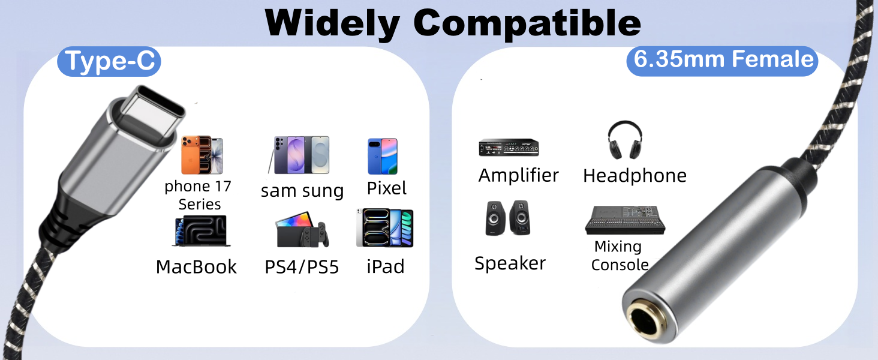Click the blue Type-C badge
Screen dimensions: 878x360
click(109, 61)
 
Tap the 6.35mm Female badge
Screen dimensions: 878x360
click(722, 61)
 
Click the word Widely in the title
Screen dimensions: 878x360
click(332, 23)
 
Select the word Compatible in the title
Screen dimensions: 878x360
click(527, 23)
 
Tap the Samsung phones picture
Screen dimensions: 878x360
click(299, 155)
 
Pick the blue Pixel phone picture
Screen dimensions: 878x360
click(383, 156)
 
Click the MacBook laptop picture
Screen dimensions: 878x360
click(201, 232)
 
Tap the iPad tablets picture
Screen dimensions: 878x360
click(384, 228)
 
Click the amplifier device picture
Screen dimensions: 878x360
click(509, 148)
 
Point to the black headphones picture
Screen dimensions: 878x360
click(625, 140)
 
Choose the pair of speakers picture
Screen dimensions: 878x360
click(508, 218)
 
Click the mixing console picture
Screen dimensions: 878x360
click(625, 220)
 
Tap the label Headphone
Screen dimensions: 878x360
click(635, 175)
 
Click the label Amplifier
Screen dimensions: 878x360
click(518, 175)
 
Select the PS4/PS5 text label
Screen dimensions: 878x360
click(302, 267)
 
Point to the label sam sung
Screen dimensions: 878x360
click(302, 191)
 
